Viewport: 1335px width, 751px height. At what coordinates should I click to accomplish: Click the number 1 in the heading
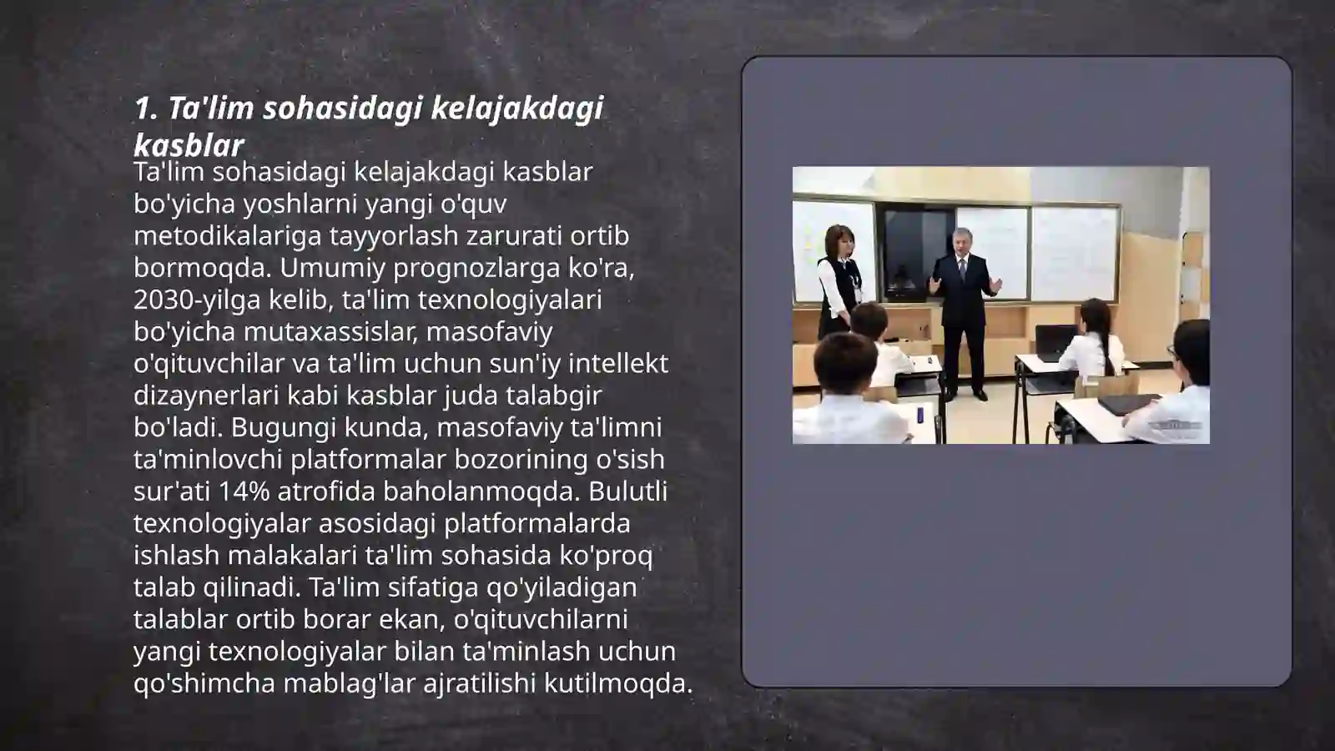coord(142,108)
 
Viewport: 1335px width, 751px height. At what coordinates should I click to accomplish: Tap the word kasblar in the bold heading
coord(189,146)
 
